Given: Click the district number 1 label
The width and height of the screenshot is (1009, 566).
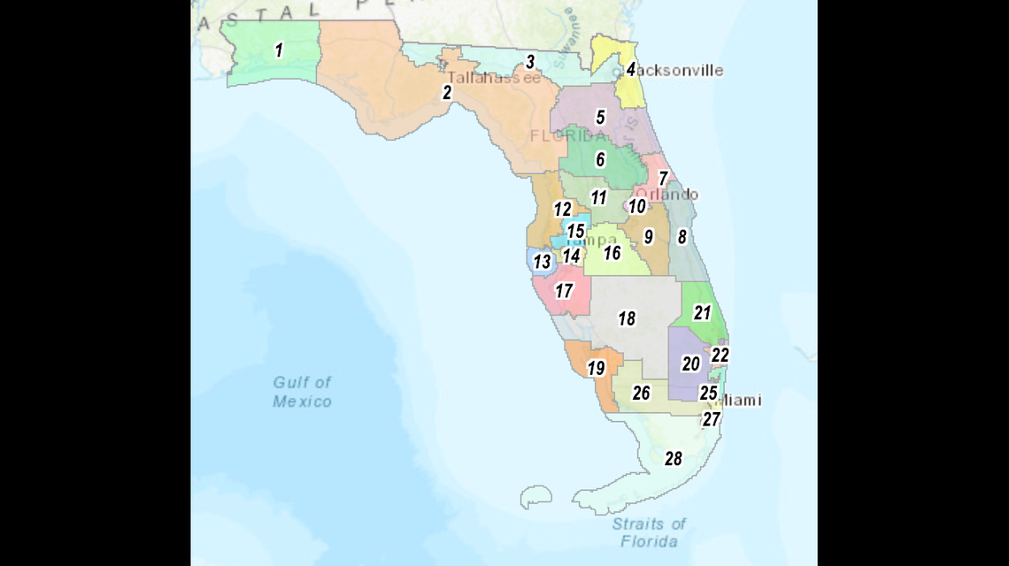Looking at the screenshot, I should click(x=279, y=50).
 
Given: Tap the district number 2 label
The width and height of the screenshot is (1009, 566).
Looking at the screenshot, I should click(x=447, y=92).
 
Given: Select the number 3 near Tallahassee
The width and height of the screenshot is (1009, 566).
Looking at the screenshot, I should click(x=530, y=62).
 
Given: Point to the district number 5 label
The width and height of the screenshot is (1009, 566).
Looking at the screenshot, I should click(x=600, y=118).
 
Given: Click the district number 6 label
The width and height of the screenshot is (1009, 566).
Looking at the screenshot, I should click(x=600, y=160).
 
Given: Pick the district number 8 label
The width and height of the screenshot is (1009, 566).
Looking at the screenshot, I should click(x=682, y=236).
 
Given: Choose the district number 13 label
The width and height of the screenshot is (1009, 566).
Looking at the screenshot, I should click(x=542, y=262).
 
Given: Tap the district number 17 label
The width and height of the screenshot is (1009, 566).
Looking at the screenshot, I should click(x=564, y=290).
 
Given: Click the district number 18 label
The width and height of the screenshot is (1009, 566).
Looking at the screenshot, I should click(x=627, y=318).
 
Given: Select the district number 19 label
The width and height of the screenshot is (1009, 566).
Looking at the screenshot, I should click(x=596, y=368).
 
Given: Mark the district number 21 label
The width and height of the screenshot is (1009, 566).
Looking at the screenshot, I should click(x=702, y=312).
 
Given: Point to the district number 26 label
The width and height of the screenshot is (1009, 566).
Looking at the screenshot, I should click(x=641, y=393).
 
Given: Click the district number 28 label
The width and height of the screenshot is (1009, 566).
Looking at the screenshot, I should click(x=673, y=458).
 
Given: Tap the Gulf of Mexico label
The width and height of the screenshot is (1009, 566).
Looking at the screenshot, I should click(x=302, y=392).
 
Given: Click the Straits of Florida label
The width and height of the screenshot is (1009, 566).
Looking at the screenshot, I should click(x=650, y=532).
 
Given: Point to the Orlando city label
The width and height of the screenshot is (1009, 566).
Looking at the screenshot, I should click(x=669, y=195).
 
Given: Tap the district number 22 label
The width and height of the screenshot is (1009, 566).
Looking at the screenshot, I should click(x=720, y=355).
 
